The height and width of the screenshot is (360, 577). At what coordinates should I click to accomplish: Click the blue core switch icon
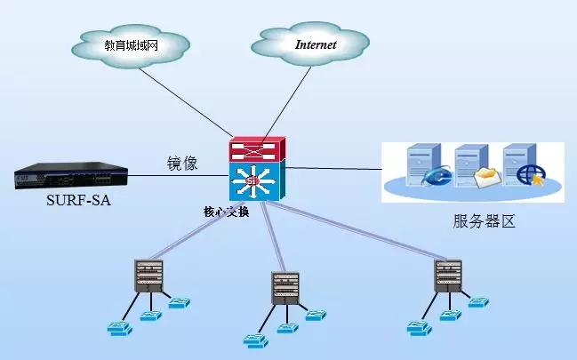click(x=256, y=181)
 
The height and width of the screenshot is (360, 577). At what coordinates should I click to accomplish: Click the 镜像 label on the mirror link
click(x=182, y=164)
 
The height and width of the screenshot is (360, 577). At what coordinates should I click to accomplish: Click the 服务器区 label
click(x=484, y=221)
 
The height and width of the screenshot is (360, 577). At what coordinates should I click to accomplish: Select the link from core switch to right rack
click(x=356, y=232)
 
